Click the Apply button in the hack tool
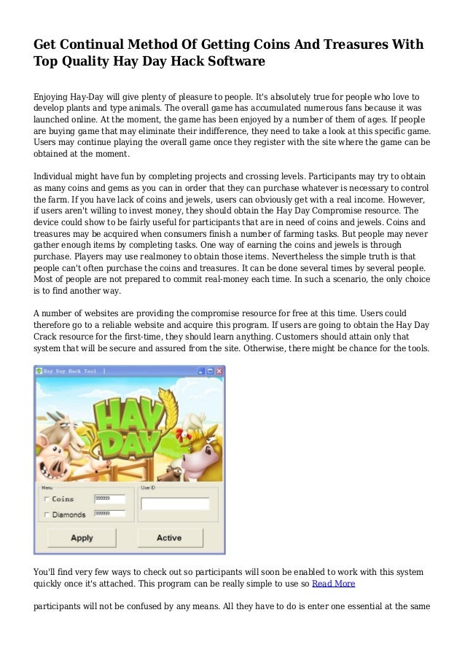(x=82, y=538)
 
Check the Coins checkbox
(x=47, y=499)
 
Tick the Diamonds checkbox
(x=47, y=514)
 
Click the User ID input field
(x=175, y=504)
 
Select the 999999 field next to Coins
(x=109, y=499)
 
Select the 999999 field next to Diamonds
(x=109, y=514)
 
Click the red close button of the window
(x=219, y=371)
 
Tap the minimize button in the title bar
(x=198, y=371)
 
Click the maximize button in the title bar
(x=208, y=371)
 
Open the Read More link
(x=333, y=584)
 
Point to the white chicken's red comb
(x=183, y=422)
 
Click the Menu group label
(x=47, y=487)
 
